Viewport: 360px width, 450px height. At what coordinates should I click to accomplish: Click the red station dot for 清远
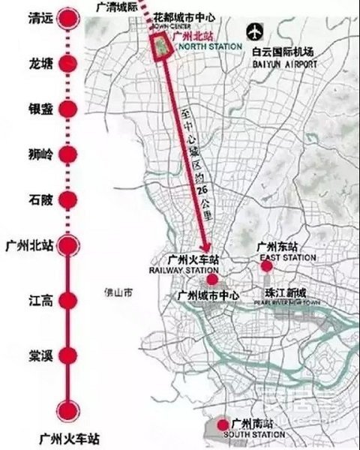tap(69, 18)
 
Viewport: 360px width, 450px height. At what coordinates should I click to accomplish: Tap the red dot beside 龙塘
tap(69, 64)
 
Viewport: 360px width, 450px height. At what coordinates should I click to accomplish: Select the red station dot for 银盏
tap(69, 109)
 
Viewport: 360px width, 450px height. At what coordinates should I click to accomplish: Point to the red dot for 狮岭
tap(69, 154)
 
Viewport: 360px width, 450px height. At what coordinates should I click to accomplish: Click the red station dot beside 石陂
tap(69, 200)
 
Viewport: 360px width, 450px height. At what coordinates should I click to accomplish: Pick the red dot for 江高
tap(69, 301)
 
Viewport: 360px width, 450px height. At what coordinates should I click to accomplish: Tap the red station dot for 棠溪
tap(69, 355)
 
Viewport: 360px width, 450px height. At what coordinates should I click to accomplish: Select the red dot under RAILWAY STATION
tap(212, 279)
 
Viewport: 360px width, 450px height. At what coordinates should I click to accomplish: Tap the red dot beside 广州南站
tap(222, 425)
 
